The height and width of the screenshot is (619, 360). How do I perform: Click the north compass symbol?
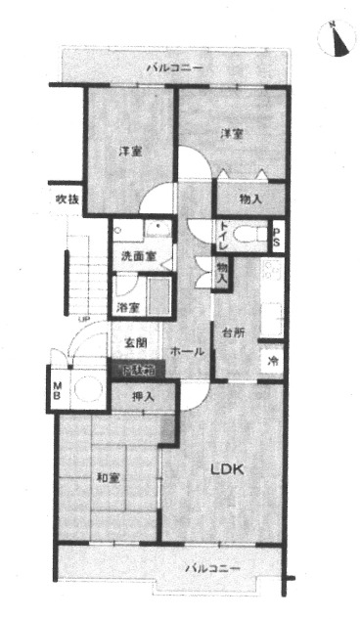tap(337, 38)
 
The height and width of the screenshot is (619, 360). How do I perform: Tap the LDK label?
tap(227, 468)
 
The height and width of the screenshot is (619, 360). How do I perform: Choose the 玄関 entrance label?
tap(135, 342)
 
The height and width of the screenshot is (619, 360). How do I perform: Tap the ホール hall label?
tap(187, 350)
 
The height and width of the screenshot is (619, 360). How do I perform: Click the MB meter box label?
tap(56, 389)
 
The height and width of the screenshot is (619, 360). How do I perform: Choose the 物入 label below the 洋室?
tap(249, 199)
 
